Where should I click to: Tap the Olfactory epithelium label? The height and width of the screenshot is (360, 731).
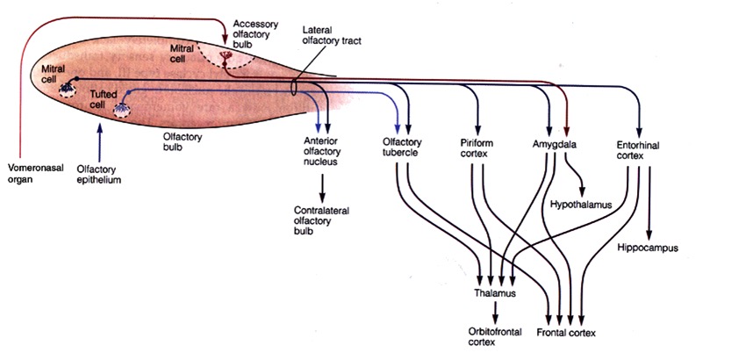97,173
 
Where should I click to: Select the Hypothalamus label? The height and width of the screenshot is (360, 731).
579,204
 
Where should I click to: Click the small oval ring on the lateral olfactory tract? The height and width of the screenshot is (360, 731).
293,88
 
